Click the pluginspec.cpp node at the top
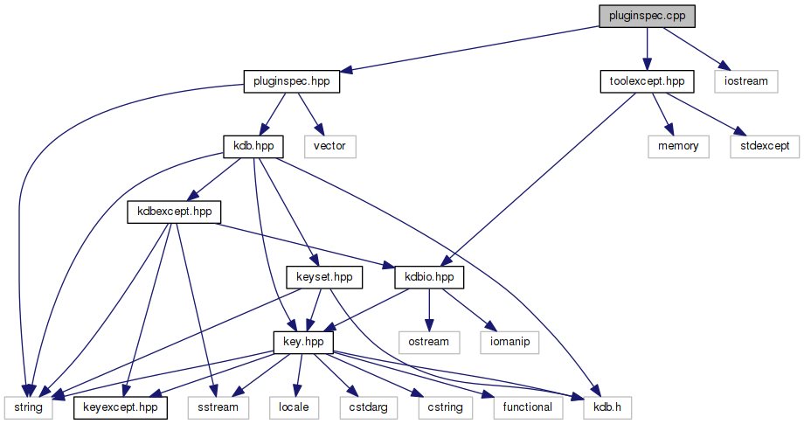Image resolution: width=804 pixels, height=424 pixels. pos(648,17)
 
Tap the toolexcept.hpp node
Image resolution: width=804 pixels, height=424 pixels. pos(647,82)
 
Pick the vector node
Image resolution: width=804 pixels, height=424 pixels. pos(330,146)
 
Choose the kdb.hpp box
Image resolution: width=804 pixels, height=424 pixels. pos(253,146)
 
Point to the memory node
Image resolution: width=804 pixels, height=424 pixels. pos(678,146)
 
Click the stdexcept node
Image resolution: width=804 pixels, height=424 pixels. pos(765,146)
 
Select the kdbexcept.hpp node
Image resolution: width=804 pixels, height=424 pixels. pos(174,211)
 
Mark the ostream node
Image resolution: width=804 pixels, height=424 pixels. pos(429,341)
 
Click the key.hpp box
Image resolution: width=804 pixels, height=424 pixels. pos(303,341)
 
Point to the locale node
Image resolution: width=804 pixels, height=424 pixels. pos(298,407)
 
